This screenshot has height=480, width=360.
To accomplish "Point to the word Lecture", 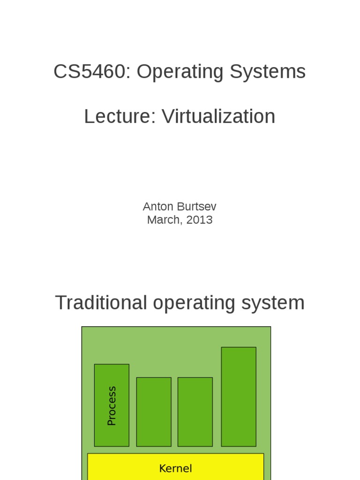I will (x=118, y=117).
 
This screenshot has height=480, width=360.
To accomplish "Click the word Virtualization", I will (x=218, y=117).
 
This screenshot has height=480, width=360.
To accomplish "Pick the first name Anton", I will (x=158, y=207).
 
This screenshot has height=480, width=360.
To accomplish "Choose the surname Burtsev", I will (x=196, y=207).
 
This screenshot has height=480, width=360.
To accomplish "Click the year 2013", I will (x=199, y=220).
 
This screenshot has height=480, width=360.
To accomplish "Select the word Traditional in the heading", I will (x=101, y=303).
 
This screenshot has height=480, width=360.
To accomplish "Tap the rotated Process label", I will (x=112, y=405).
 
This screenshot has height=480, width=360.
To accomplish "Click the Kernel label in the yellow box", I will (x=175, y=468).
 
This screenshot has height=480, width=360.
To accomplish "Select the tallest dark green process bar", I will (x=239, y=397).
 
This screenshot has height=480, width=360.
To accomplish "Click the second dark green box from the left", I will (x=154, y=412).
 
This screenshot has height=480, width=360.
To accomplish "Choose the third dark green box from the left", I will (x=195, y=412).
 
